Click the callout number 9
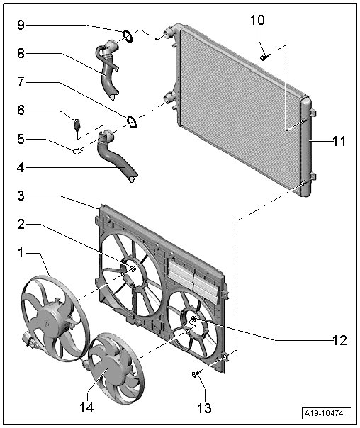click(x=21, y=25)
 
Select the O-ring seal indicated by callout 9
click(x=128, y=36)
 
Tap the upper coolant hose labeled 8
click(x=108, y=69)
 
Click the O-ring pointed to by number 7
click(x=132, y=122)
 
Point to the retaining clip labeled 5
click(x=77, y=150)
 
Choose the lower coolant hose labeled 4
click(x=116, y=156)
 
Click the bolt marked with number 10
click(x=264, y=57)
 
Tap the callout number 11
click(x=339, y=142)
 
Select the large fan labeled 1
click(x=55, y=319)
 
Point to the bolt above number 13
click(x=196, y=373)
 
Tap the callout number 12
click(x=340, y=340)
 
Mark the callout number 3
click(x=21, y=196)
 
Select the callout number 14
click(x=86, y=407)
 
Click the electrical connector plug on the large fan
click(x=28, y=339)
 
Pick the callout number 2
click(x=21, y=225)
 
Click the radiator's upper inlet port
click(x=169, y=33)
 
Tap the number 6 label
click(x=21, y=110)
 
